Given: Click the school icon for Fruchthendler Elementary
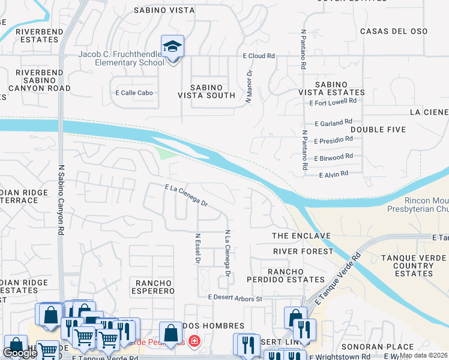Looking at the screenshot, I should tap(172, 47).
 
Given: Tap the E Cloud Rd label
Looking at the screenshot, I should tap(259, 56).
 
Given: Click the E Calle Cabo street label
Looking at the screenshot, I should tap(134, 92).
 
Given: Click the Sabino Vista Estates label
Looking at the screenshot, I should tap(332, 88).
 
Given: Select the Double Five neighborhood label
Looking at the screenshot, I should tap(378, 130).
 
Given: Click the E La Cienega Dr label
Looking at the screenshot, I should tap(186, 196).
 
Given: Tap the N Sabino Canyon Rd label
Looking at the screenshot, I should tap(61, 195).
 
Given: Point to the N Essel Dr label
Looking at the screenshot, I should tap(197, 249).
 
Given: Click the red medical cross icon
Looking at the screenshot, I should tap(193, 343).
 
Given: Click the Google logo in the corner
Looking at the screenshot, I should tap(20, 353).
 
